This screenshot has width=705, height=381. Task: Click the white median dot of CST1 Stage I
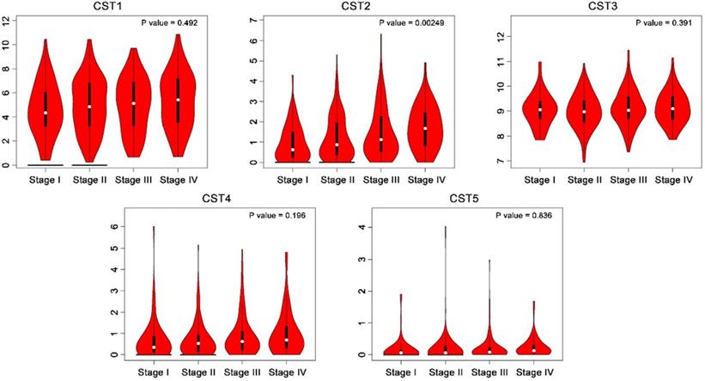click(45, 113)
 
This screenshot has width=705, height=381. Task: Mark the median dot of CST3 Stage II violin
click(584, 111)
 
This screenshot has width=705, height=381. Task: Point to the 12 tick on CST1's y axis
click(7, 20)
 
